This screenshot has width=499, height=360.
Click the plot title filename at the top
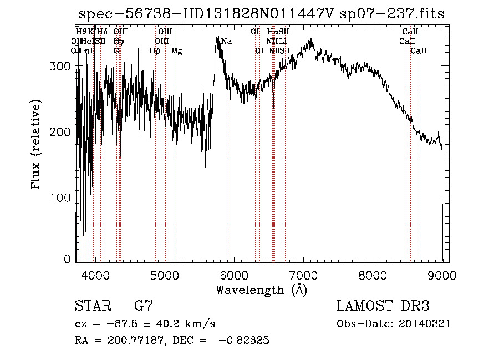pyautogui.click(x=261, y=14)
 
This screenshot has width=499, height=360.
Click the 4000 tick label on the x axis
pyautogui.click(x=95, y=275)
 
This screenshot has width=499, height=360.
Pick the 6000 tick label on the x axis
pyautogui.click(x=234, y=275)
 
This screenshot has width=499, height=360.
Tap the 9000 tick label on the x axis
pyautogui.click(x=442, y=275)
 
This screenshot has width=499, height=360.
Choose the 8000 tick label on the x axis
pyautogui.click(x=373, y=275)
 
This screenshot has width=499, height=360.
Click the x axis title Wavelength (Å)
pyautogui.click(x=261, y=290)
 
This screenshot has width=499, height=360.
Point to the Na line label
pyautogui.click(x=226, y=42)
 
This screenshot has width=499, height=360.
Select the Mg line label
pyautogui.click(x=177, y=51)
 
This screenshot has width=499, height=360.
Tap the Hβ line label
pyautogui.click(x=155, y=51)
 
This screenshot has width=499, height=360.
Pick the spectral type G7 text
pyautogui.click(x=144, y=306)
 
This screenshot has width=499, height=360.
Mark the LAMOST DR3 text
pyautogui.click(x=383, y=306)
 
